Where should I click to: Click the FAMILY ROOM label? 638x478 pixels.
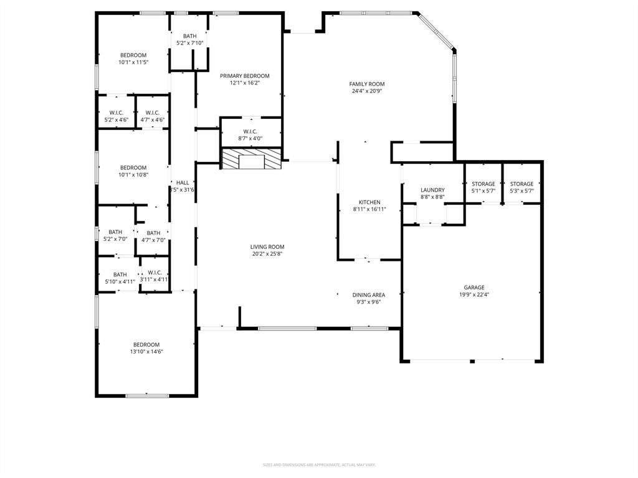(366, 84)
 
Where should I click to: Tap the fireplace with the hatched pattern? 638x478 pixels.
(251, 159)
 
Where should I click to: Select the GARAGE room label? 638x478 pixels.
(474, 288)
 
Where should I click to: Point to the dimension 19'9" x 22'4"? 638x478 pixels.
(474, 295)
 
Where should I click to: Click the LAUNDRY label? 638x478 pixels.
(432, 190)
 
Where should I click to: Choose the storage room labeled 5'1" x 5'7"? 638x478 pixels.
(483, 187)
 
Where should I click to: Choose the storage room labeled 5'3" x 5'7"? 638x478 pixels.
(522, 187)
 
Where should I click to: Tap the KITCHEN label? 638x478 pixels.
(369, 202)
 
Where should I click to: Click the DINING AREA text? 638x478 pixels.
(369, 295)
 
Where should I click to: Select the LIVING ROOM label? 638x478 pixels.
(267, 247)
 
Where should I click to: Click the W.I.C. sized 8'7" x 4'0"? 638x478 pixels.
(250, 135)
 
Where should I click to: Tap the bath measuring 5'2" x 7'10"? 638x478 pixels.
(190, 40)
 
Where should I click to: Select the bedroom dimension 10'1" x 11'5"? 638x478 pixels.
(133, 62)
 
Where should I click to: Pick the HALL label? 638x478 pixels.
(183, 183)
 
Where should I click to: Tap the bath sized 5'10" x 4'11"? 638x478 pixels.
(120, 278)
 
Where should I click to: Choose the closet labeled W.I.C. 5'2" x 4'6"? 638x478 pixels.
(115, 116)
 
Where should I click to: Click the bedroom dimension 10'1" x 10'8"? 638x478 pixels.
(133, 175)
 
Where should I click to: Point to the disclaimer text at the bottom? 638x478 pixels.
(319, 465)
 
